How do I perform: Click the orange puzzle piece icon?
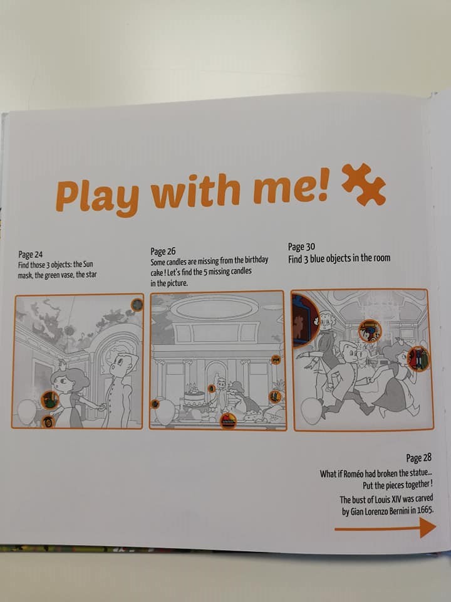point(363,184)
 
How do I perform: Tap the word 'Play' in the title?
point(97,196)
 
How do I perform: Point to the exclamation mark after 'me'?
point(323,184)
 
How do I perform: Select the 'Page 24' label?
point(30,254)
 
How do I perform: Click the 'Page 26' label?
point(163,251)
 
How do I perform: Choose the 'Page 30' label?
point(301,246)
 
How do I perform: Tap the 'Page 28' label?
point(419,458)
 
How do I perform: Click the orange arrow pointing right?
point(385,528)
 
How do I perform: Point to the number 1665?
point(425,510)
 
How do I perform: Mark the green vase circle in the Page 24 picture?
point(50,400)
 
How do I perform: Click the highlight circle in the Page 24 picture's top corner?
point(137,305)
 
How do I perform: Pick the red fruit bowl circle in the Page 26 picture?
point(228,421)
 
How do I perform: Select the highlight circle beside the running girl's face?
point(418,358)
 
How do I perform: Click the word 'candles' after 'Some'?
point(176,262)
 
